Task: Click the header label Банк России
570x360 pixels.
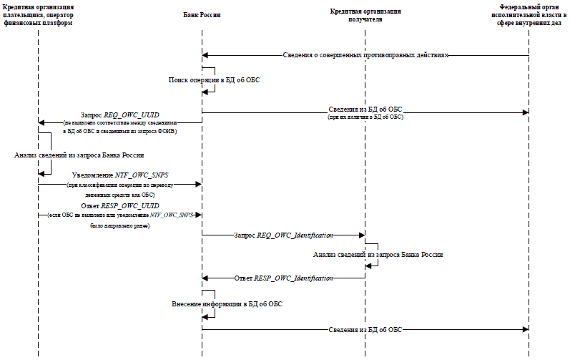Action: [x=201, y=15]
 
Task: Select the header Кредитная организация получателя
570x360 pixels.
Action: [x=365, y=16]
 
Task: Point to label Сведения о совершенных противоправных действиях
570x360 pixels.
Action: [x=365, y=55]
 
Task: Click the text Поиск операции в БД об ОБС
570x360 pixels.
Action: [x=214, y=80]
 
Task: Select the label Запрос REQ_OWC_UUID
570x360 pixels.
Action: [x=120, y=115]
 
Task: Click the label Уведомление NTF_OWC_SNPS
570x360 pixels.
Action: [x=119, y=175]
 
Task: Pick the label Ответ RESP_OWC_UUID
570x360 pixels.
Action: [x=119, y=205]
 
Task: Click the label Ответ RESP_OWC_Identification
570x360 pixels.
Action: [x=284, y=278]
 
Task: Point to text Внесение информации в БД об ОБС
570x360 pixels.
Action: [x=227, y=304]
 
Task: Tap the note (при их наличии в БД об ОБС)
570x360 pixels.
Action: [x=365, y=117]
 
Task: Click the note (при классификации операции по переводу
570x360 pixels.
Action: [x=119, y=185]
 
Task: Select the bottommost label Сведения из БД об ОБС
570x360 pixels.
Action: [x=365, y=329]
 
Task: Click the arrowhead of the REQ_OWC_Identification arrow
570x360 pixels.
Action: [x=362, y=235]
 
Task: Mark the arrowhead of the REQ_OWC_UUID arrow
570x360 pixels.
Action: [x=41, y=122]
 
